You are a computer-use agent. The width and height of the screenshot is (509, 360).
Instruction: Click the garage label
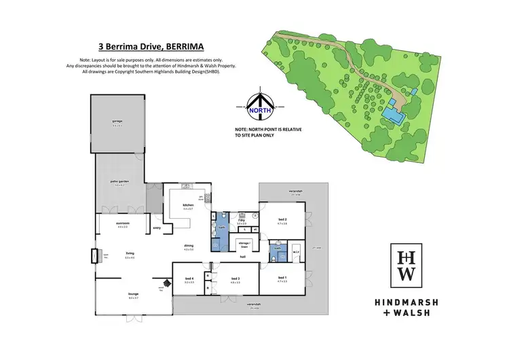(117, 121)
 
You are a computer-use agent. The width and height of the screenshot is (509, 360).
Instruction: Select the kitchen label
(188, 205)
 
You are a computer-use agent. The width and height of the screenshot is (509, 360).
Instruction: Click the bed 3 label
(235, 279)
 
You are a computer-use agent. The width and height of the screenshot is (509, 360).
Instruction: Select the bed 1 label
(282, 279)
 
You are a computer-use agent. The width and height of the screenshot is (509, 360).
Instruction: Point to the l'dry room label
(242, 220)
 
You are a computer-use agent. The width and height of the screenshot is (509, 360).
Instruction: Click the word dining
(188, 247)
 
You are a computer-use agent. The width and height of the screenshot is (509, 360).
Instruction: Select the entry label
(156, 228)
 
